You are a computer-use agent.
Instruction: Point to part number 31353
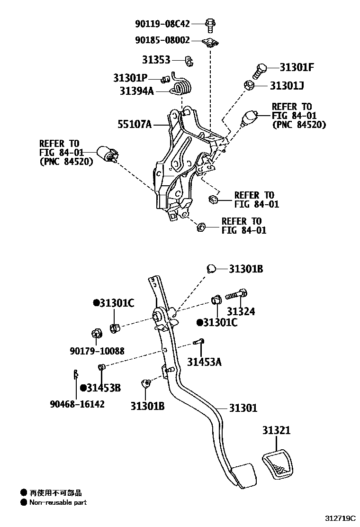[156, 60]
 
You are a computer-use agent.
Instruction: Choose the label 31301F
[297, 67]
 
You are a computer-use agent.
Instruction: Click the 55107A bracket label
[134, 125]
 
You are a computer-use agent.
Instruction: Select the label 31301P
[130, 77]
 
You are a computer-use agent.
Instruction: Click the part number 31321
[276, 431]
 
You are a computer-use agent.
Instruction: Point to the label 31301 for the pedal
[243, 408]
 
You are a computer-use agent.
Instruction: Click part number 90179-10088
[97, 351]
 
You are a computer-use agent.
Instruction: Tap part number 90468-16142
[77, 404]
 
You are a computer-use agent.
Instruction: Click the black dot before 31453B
[83, 388]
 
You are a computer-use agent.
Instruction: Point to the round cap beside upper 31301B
[211, 269]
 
